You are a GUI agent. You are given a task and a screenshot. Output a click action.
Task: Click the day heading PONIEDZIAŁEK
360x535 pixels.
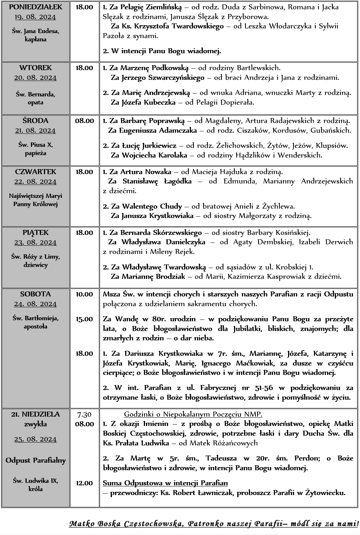pos(35,7)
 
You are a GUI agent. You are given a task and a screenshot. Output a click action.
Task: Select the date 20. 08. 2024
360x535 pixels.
pos(35,78)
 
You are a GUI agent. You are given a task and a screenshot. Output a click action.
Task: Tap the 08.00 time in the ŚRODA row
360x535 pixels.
pos(84,121)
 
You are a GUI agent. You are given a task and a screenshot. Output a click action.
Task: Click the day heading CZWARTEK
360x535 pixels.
pos(35,172)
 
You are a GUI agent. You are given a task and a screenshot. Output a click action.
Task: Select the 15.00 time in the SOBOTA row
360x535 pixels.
pos(84,319)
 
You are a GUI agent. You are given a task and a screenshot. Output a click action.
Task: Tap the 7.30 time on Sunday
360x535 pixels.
pos(84,414)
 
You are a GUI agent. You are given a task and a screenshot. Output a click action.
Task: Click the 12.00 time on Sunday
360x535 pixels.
pos(84,483)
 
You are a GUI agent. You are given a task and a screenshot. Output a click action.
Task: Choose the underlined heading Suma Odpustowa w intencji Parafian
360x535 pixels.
pos(165,483)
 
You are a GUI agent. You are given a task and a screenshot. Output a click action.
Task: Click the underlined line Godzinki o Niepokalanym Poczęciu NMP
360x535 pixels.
pos(193,414)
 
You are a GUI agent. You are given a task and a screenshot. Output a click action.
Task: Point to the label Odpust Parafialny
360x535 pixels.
pos(35,461)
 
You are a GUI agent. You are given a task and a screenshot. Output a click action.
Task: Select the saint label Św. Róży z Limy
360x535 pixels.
pos(35,257)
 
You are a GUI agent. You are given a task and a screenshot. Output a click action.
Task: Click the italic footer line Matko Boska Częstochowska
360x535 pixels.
pos(214,523)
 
